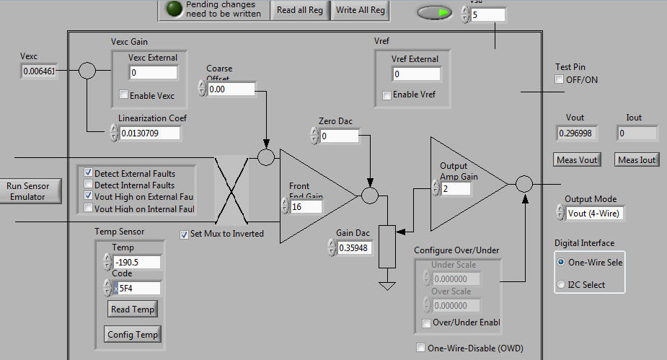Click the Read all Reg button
tap(300, 10)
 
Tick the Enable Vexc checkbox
tap(124, 95)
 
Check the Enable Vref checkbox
tap(387, 95)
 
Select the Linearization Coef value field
tap(150, 133)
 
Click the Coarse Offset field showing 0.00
tap(231, 89)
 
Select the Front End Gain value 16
tap(305, 207)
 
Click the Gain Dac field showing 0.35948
tap(358, 248)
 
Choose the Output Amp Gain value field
tap(456, 188)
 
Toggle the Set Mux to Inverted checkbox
tap(185, 234)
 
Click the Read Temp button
tap(133, 309)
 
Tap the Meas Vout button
tap(578, 159)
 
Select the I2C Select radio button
tap(562, 285)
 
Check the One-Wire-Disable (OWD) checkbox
tap(421, 348)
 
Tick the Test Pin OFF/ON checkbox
tap(559, 79)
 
